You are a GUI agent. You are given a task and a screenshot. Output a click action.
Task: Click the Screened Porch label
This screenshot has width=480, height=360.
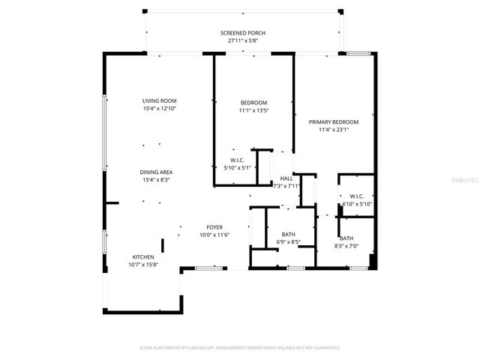tap(242, 33)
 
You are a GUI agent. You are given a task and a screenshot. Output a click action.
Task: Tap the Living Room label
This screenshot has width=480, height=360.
tap(159, 100)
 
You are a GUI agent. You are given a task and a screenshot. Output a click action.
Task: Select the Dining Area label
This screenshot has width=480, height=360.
tap(155, 172)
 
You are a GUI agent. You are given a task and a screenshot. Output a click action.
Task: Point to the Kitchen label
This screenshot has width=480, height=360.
tap(143, 256)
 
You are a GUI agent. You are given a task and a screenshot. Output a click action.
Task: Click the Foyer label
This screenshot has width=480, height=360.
tap(214, 227)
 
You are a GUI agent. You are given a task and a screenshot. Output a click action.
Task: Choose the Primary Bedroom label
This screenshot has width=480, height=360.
tap(334, 121)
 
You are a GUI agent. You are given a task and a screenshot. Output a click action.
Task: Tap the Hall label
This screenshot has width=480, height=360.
tap(286, 178)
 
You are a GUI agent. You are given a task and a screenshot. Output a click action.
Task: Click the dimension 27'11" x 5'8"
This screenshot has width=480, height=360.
tap(242, 40)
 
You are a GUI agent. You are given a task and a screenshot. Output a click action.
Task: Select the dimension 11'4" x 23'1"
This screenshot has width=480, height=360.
tap(334, 129)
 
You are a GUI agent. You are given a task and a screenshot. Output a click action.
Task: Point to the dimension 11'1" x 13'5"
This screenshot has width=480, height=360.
tap(253, 110)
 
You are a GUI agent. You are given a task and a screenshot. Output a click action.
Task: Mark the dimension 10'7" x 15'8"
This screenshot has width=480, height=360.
tap(143, 264)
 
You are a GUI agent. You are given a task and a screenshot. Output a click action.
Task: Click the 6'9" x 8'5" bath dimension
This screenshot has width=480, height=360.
tap(288, 242)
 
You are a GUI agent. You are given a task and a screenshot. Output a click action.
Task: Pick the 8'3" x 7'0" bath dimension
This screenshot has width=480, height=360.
tap(346, 246)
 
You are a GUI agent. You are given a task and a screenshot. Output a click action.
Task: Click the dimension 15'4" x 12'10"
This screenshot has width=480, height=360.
tap(159, 108)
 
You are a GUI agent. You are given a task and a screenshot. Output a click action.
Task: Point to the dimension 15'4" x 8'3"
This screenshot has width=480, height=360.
tap(155, 179)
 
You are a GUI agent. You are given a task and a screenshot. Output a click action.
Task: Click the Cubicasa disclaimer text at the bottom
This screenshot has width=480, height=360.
tap(240, 348)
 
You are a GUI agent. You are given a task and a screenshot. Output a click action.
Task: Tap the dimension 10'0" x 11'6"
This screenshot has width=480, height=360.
tap(214, 235)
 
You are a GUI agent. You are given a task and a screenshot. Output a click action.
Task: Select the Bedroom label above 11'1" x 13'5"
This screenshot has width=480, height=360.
tap(253, 103)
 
